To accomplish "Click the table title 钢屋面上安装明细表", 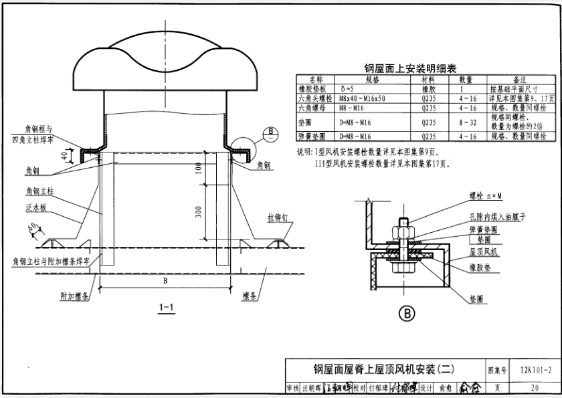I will tap(410, 68).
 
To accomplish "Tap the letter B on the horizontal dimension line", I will tap(165, 282).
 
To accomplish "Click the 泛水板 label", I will tap(35, 208).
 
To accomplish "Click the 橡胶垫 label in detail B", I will tap(481, 266).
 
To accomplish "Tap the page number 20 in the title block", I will tap(533, 387).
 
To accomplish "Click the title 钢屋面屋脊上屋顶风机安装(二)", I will tap(384, 369).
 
